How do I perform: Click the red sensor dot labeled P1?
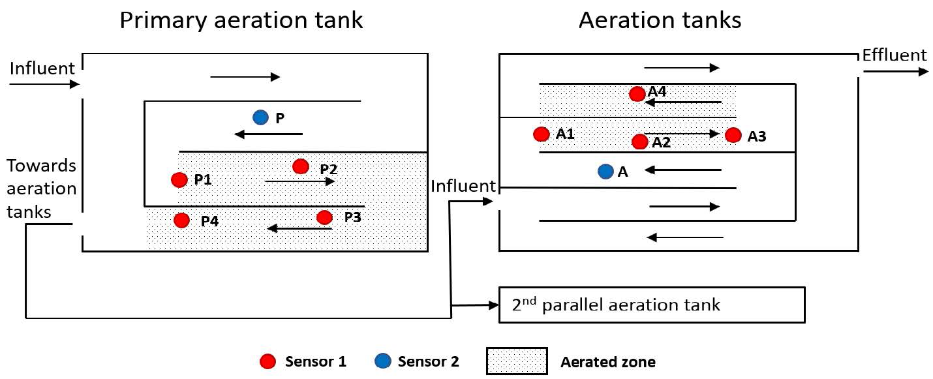(x=179, y=179)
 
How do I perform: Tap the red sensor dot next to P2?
(x=300, y=166)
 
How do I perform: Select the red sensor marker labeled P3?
(x=324, y=217)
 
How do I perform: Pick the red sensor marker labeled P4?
(x=182, y=220)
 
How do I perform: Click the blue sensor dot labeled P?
(x=260, y=117)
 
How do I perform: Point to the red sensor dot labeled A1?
(x=541, y=134)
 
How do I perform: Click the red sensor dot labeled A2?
(x=640, y=142)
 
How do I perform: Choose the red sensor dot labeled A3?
(x=733, y=135)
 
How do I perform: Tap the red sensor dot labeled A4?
(x=637, y=94)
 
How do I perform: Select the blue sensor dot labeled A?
(x=605, y=172)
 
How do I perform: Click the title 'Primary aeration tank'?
(x=241, y=20)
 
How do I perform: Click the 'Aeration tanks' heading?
(x=660, y=20)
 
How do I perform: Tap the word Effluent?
(x=894, y=55)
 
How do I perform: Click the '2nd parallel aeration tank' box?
(x=651, y=305)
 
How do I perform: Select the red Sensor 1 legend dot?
(x=267, y=361)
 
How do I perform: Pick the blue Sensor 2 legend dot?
(x=382, y=361)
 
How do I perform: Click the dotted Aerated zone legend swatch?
(x=517, y=361)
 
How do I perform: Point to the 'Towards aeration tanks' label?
(x=41, y=189)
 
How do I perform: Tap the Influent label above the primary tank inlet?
(x=42, y=67)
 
